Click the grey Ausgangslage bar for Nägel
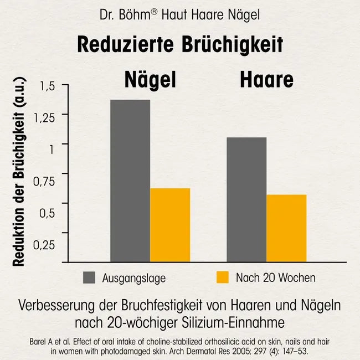pos(130,181)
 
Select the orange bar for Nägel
pos(170,225)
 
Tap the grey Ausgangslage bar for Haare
pos(246,199)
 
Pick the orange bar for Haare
pos(286,228)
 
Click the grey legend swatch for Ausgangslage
pos(90,277)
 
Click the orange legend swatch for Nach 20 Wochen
pos(222,277)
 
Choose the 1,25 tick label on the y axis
pos(44,117)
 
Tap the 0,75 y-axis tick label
pos(44,181)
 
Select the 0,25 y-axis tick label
pos(44,245)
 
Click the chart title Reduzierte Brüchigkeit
pos(180,44)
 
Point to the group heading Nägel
pos(149,80)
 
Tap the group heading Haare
pos(266,80)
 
